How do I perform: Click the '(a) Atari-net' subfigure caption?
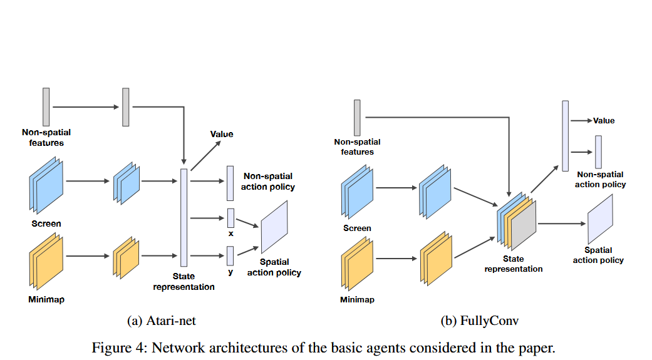(162, 321)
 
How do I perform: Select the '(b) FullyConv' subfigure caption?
(480, 321)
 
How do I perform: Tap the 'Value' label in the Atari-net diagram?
(222, 134)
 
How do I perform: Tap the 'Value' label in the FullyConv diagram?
(604, 120)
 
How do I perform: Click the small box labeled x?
(230, 218)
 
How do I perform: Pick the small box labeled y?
(230, 255)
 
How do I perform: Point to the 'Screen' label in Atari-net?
(46, 224)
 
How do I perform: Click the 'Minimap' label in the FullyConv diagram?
(357, 300)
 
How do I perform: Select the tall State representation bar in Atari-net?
(184, 217)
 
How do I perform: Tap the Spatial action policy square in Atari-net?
(274, 226)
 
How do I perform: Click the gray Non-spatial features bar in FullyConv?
(357, 117)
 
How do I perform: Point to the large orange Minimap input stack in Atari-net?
(46, 257)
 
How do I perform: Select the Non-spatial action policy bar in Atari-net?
(230, 183)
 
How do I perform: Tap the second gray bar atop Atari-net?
(126, 107)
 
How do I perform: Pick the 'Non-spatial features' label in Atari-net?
(46, 137)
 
